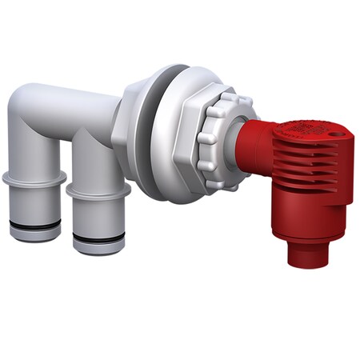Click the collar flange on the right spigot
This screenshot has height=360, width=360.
[x=98, y=192]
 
